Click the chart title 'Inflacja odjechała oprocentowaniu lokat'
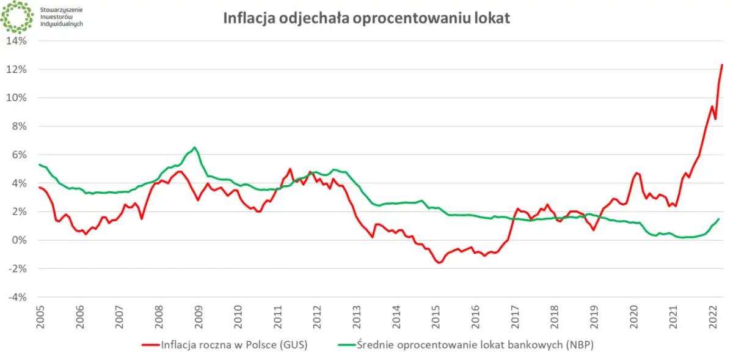[x=366, y=18]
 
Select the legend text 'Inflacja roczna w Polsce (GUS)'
[x=234, y=345]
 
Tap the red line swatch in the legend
[x=149, y=345]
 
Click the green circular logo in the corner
[x=16, y=17]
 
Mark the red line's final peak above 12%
[x=722, y=65]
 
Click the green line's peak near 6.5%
[x=194, y=147]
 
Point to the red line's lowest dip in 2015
[x=439, y=263]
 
